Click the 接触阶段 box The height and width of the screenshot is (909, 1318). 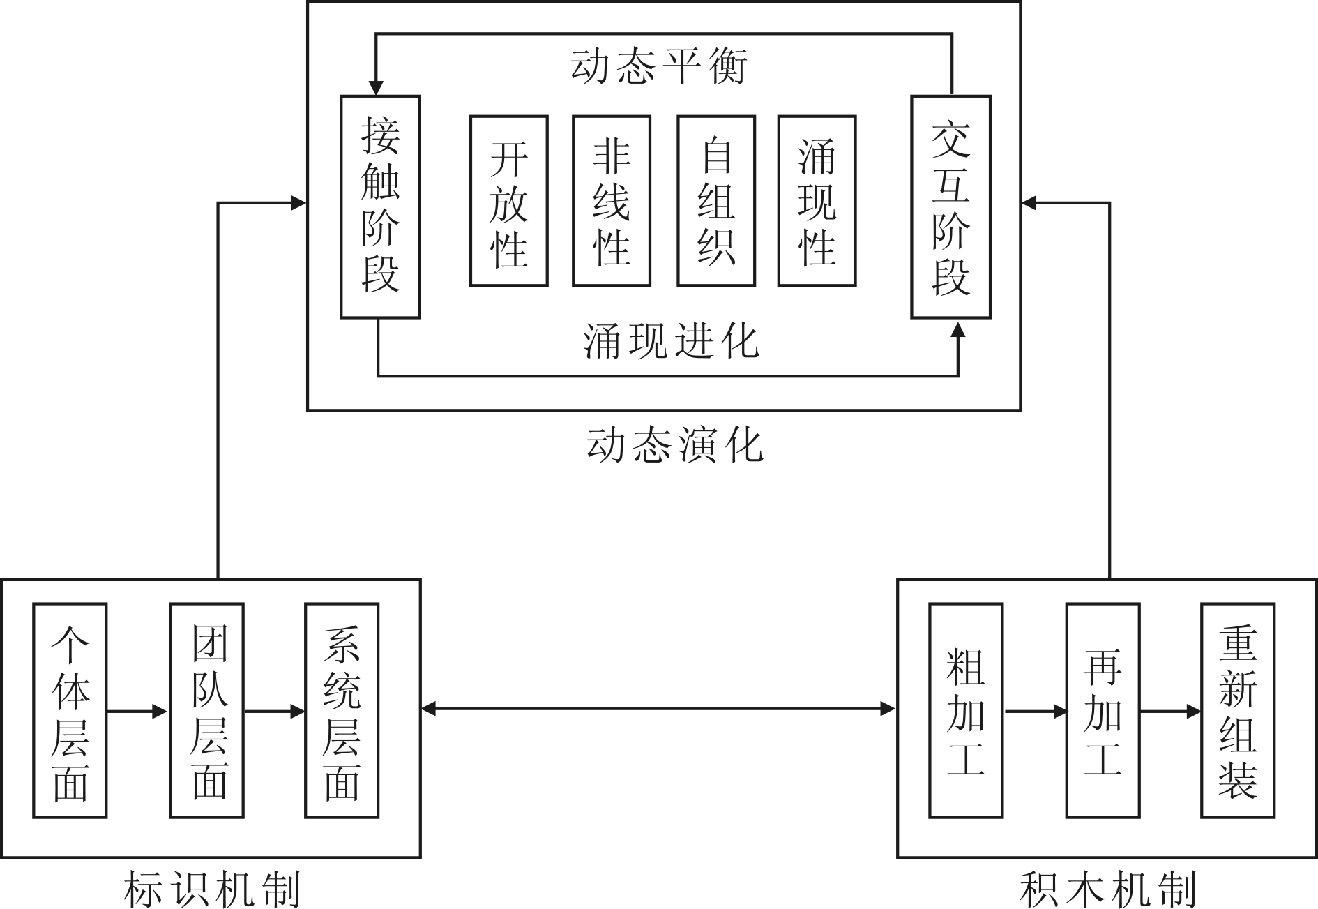click(x=380, y=206)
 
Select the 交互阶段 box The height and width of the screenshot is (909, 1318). click(x=950, y=206)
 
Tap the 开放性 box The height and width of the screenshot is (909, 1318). click(x=508, y=201)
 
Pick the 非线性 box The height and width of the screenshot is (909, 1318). click(x=611, y=201)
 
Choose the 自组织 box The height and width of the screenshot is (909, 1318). click(x=715, y=201)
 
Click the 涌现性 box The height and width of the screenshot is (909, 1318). click(x=817, y=201)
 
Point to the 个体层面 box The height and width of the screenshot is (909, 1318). click(x=70, y=710)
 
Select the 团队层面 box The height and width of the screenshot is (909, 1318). click(x=207, y=710)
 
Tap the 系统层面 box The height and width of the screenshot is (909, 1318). click(x=342, y=710)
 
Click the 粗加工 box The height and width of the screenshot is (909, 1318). click(x=966, y=710)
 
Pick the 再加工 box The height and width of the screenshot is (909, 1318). click(x=1103, y=710)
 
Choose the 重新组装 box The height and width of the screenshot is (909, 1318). click(x=1238, y=710)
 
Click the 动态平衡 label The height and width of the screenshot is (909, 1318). click(x=659, y=67)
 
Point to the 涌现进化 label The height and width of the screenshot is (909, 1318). click(x=671, y=342)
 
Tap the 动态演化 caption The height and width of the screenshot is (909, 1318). click(x=675, y=445)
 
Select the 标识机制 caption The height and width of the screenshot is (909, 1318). click(x=211, y=889)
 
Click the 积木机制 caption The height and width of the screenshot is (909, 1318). click(x=1107, y=889)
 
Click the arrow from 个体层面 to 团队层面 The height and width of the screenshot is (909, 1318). click(x=138, y=712)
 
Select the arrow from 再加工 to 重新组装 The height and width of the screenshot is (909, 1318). click(x=1170, y=712)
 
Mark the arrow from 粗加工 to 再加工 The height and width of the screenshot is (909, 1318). click(x=1035, y=712)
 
